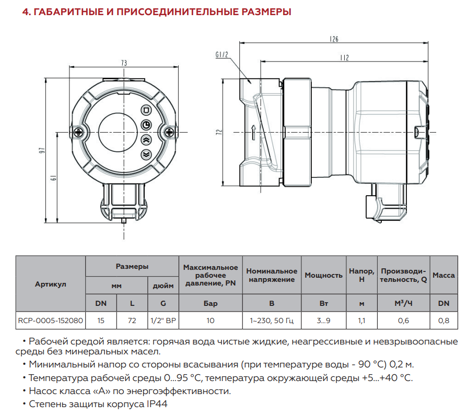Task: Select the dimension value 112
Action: click(344, 57)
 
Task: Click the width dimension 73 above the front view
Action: click(124, 63)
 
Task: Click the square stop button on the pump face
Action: click(146, 110)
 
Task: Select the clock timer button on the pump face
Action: click(146, 125)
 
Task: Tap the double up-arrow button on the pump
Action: click(146, 139)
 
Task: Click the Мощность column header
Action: click(323, 275)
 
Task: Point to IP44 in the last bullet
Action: click(155, 404)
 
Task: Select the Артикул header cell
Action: click(50, 284)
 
